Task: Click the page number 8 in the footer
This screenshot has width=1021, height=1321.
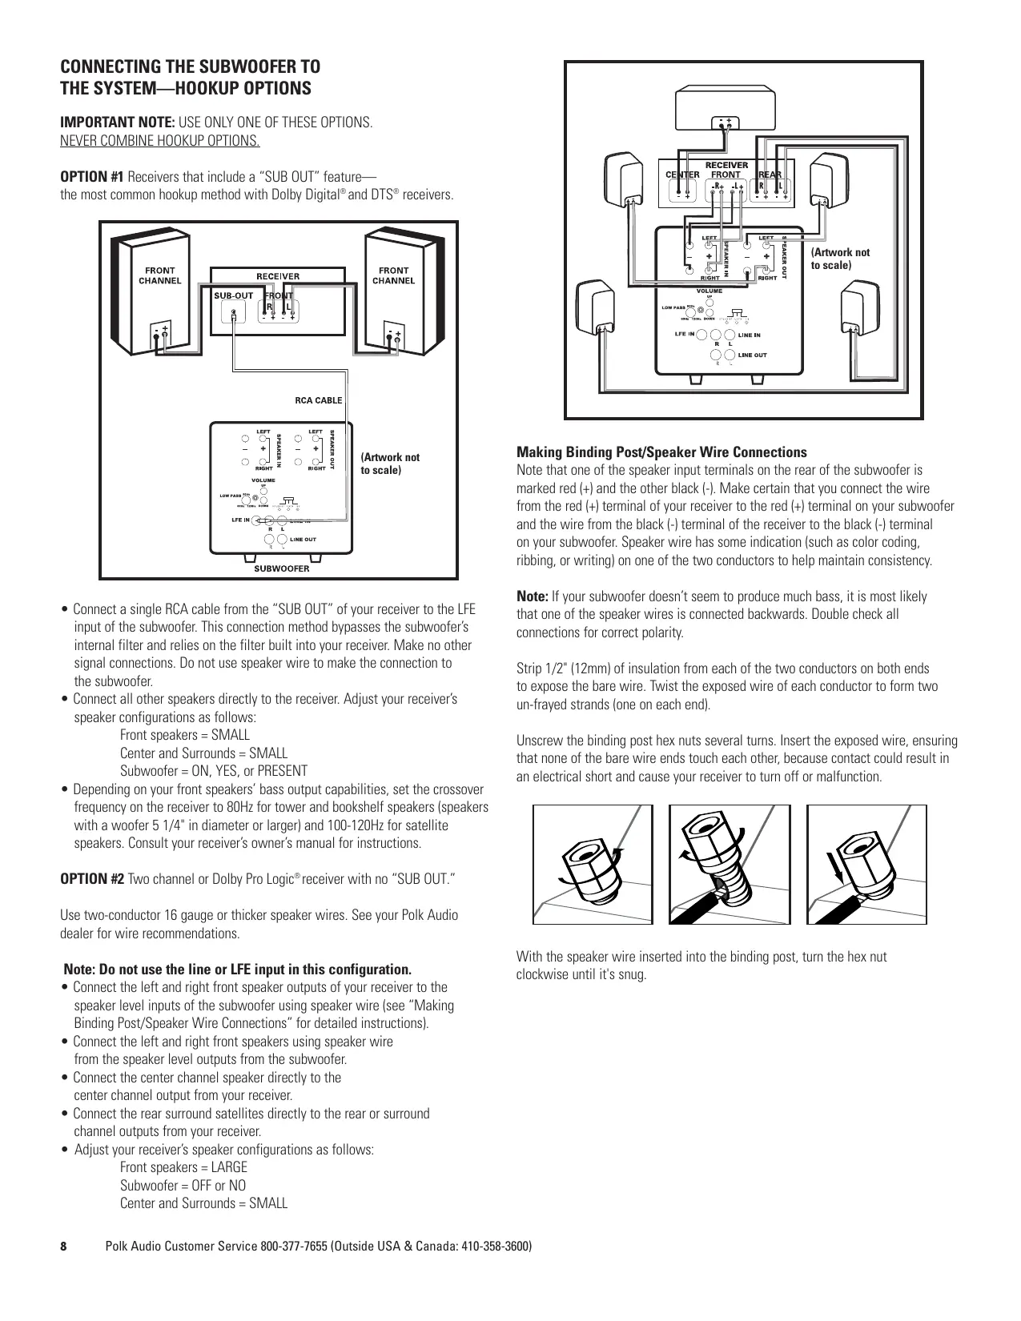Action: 65,1247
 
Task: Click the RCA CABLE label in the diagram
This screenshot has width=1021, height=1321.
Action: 318,400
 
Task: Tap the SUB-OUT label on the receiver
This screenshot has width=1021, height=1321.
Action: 233,295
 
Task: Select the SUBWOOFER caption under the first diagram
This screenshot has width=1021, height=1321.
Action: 281,569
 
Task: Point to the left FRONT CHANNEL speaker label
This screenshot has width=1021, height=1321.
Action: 160,275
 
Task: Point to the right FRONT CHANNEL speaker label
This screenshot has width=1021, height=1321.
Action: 393,275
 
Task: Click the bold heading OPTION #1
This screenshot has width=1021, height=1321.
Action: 93,176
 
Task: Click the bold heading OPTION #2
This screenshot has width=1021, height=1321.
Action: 93,879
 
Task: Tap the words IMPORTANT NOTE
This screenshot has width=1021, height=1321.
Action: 119,123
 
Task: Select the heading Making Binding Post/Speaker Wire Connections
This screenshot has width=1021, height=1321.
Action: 661,452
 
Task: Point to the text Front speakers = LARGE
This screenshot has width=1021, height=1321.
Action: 183,1167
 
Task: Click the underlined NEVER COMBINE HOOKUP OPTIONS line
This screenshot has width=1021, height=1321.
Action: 160,142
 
